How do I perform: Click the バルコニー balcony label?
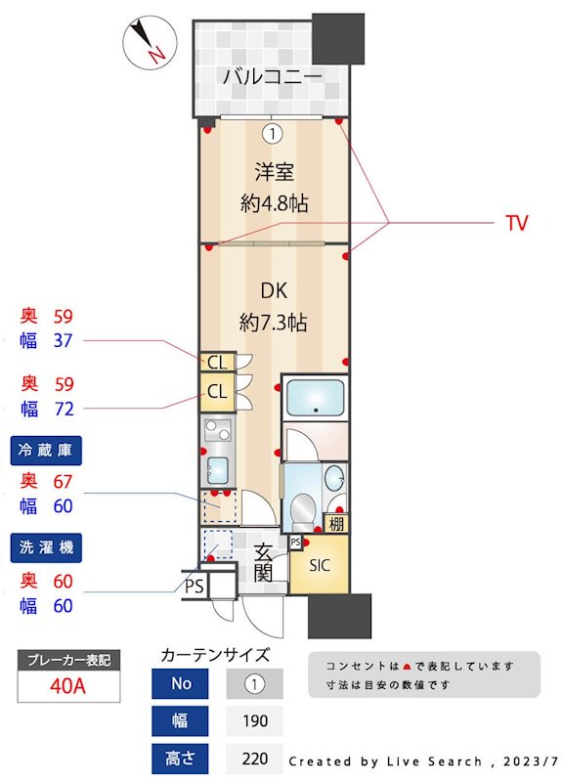272,77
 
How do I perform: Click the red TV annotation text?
516,223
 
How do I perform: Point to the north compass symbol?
148,41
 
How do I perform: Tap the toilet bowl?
302,509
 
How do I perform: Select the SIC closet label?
319,565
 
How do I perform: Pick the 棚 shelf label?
336,523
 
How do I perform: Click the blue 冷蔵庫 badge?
46,451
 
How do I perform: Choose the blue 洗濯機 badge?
46,546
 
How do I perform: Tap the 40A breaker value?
68,686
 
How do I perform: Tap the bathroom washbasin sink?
334,479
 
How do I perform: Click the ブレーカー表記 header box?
68,660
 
